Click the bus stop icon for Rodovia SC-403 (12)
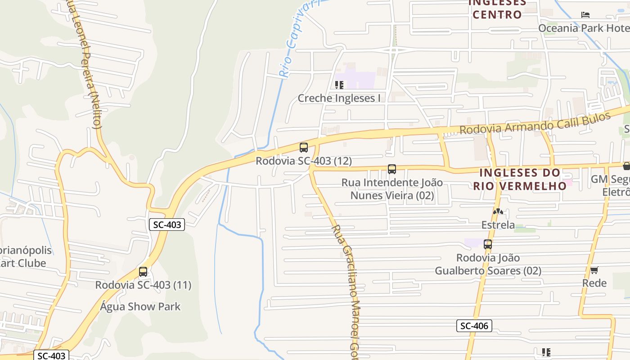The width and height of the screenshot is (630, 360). point(304,147)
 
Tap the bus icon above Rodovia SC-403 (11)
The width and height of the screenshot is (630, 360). point(143,271)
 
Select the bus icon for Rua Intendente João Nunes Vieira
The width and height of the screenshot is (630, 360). point(392,169)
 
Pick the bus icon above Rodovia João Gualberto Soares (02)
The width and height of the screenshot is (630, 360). point(488,244)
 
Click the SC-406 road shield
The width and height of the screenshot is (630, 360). point(474,326)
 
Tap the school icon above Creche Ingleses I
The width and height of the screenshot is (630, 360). point(339,85)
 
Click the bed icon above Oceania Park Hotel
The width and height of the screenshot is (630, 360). point(585,15)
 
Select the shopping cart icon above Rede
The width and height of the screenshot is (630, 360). point(594,270)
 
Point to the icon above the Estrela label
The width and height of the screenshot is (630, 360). point(498,211)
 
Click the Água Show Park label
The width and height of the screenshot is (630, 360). point(140,307)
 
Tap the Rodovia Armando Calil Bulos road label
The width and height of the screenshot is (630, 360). point(535,122)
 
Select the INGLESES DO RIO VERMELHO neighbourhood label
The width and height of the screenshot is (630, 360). point(520,179)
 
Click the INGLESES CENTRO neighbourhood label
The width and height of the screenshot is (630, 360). point(497,9)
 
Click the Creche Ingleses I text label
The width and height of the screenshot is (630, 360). point(339,98)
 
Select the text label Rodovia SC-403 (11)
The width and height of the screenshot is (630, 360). point(143,285)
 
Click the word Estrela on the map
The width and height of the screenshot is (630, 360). point(498,225)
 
